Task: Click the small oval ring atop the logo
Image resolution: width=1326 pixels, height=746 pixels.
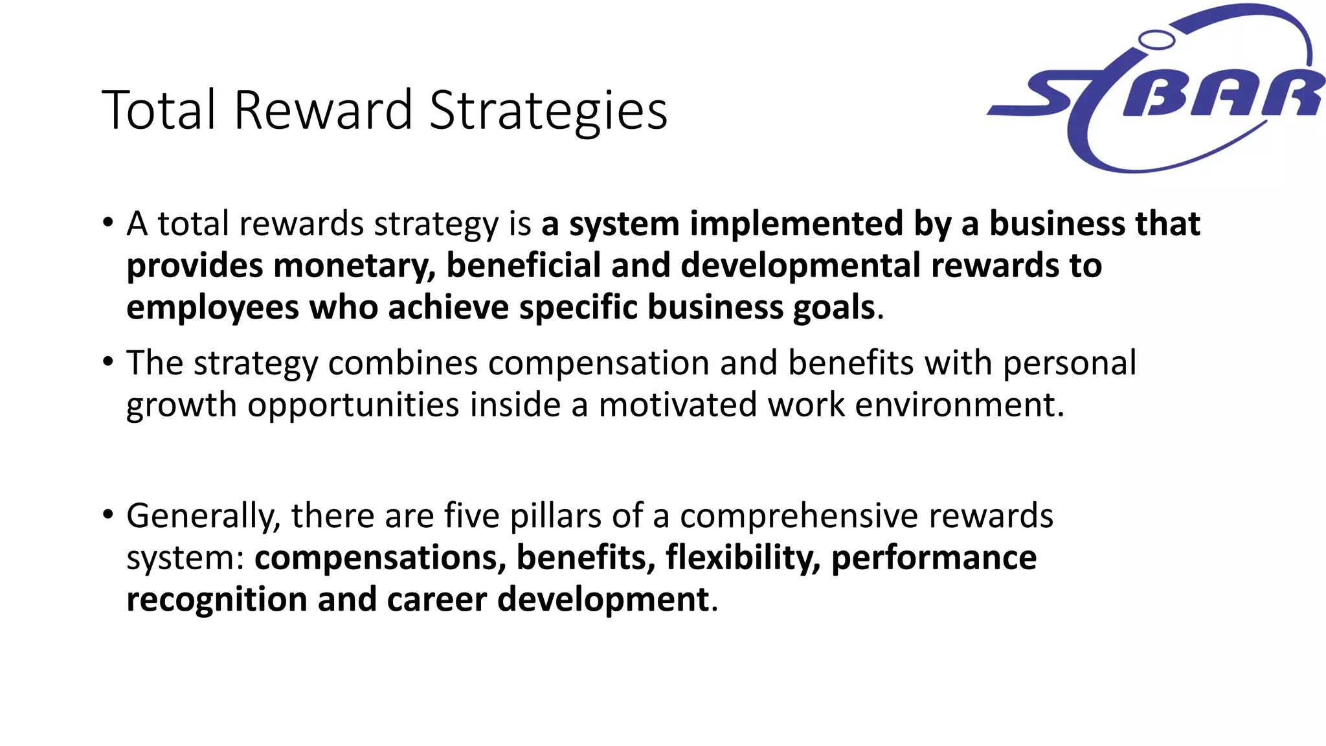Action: click(1156, 40)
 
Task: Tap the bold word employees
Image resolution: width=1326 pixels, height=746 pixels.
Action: click(212, 308)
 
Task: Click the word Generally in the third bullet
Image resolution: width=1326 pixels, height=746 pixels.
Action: click(203, 516)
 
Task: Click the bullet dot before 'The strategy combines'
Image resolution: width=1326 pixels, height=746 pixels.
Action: click(107, 361)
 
